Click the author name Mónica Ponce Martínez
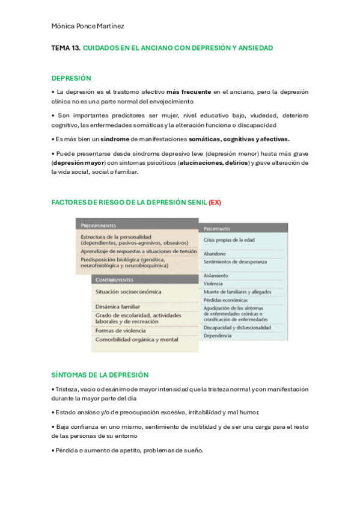(x=88, y=26)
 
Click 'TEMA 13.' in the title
(x=66, y=47)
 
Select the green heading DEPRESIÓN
(x=71, y=78)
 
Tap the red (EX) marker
(x=215, y=202)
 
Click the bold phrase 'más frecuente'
(x=189, y=92)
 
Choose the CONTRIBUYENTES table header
(x=114, y=280)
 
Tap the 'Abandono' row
(x=215, y=254)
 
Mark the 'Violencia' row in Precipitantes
(x=213, y=283)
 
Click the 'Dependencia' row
(x=218, y=336)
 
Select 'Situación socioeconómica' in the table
(x=128, y=292)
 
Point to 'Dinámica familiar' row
(x=117, y=307)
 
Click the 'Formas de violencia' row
(x=120, y=330)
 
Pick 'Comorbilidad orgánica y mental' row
(x=136, y=339)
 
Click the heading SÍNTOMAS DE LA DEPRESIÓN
(x=100, y=375)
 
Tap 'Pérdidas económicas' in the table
(x=225, y=300)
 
